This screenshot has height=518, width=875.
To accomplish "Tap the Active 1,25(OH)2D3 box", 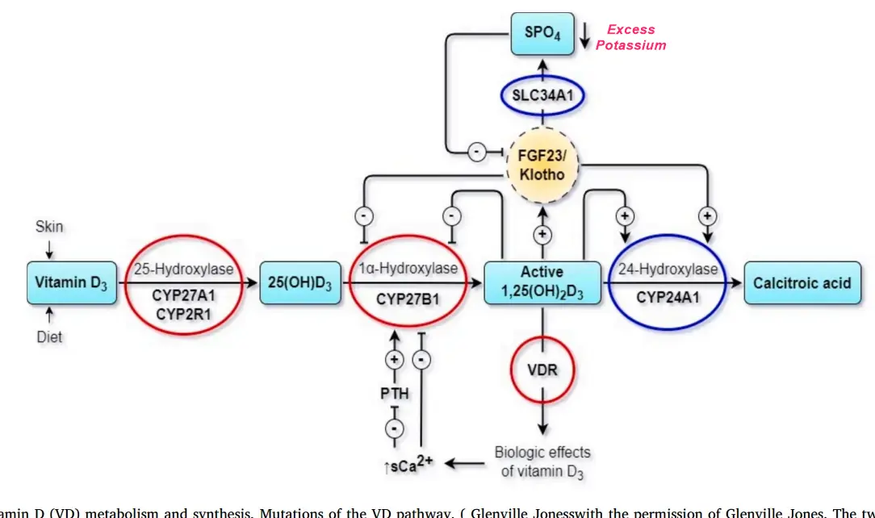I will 542,282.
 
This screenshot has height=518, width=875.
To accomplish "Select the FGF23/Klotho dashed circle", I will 542,164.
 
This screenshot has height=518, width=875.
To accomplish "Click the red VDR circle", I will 542,370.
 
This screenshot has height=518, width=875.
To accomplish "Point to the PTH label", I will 395,395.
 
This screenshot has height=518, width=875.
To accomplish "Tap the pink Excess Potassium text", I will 630,38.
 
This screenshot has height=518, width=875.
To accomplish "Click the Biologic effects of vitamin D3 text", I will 542,462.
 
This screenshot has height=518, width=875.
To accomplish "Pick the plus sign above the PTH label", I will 395,360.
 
